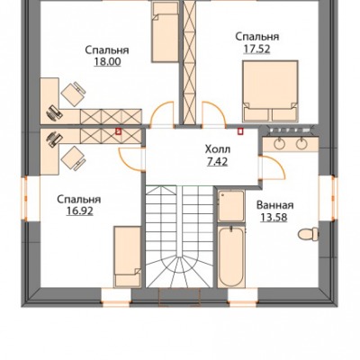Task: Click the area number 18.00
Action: click(x=108, y=61)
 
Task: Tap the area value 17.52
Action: click(x=256, y=49)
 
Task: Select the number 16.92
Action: click(x=80, y=211)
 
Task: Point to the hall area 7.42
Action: click(x=218, y=162)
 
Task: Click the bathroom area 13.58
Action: click(x=274, y=217)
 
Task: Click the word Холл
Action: click(x=218, y=148)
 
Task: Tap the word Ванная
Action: click(x=274, y=205)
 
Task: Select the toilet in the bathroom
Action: click(x=308, y=234)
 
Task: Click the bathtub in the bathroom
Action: click(x=231, y=256)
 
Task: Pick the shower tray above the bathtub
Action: click(x=230, y=206)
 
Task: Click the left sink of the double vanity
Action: click(x=280, y=144)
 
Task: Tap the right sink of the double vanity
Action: click(x=301, y=144)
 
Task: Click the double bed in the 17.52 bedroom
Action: click(x=270, y=91)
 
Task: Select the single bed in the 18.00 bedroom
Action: click(x=165, y=31)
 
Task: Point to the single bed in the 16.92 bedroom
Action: click(x=128, y=256)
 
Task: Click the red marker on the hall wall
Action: click(x=239, y=131)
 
